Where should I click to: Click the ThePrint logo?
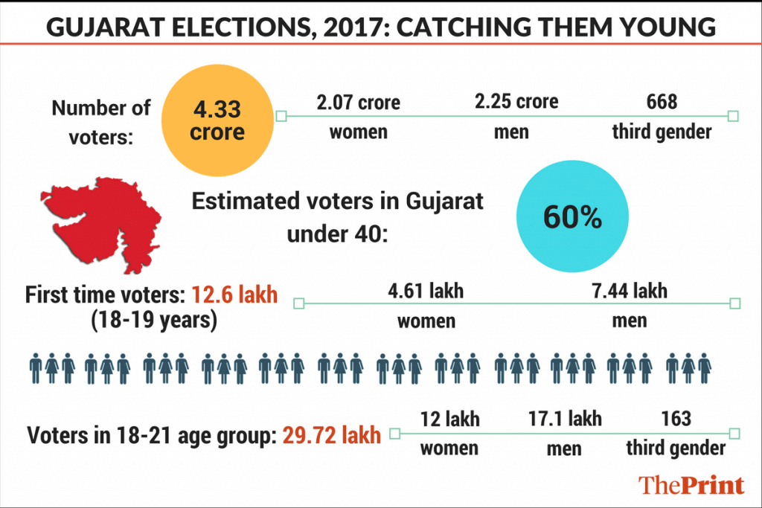691,485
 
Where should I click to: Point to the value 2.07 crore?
358,102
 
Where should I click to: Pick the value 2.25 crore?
516,101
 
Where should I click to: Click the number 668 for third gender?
662,101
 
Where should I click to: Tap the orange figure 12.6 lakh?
234,295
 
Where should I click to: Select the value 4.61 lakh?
426,291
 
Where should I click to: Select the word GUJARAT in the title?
103,27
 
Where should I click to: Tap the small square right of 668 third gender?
733,116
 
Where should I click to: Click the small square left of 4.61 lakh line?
299,303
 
